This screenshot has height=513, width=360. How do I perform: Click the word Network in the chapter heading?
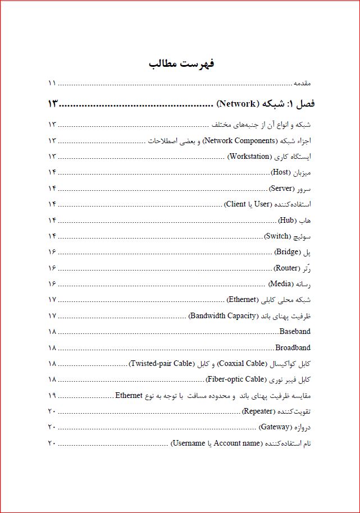click(236, 104)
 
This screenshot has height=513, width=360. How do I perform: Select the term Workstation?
click(249, 157)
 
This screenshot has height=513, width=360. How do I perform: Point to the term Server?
click(281, 189)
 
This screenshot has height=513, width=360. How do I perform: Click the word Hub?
click(286, 220)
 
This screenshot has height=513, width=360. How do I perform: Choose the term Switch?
click(277, 236)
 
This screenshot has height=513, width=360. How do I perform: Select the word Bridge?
click(288, 252)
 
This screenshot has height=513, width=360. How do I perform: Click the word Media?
click(280, 284)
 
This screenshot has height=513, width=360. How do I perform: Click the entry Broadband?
click(293, 347)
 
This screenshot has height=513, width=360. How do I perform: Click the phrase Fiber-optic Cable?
click(235, 379)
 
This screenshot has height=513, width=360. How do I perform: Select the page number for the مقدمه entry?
click(52, 83)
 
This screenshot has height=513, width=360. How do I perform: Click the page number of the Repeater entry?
click(52, 411)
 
